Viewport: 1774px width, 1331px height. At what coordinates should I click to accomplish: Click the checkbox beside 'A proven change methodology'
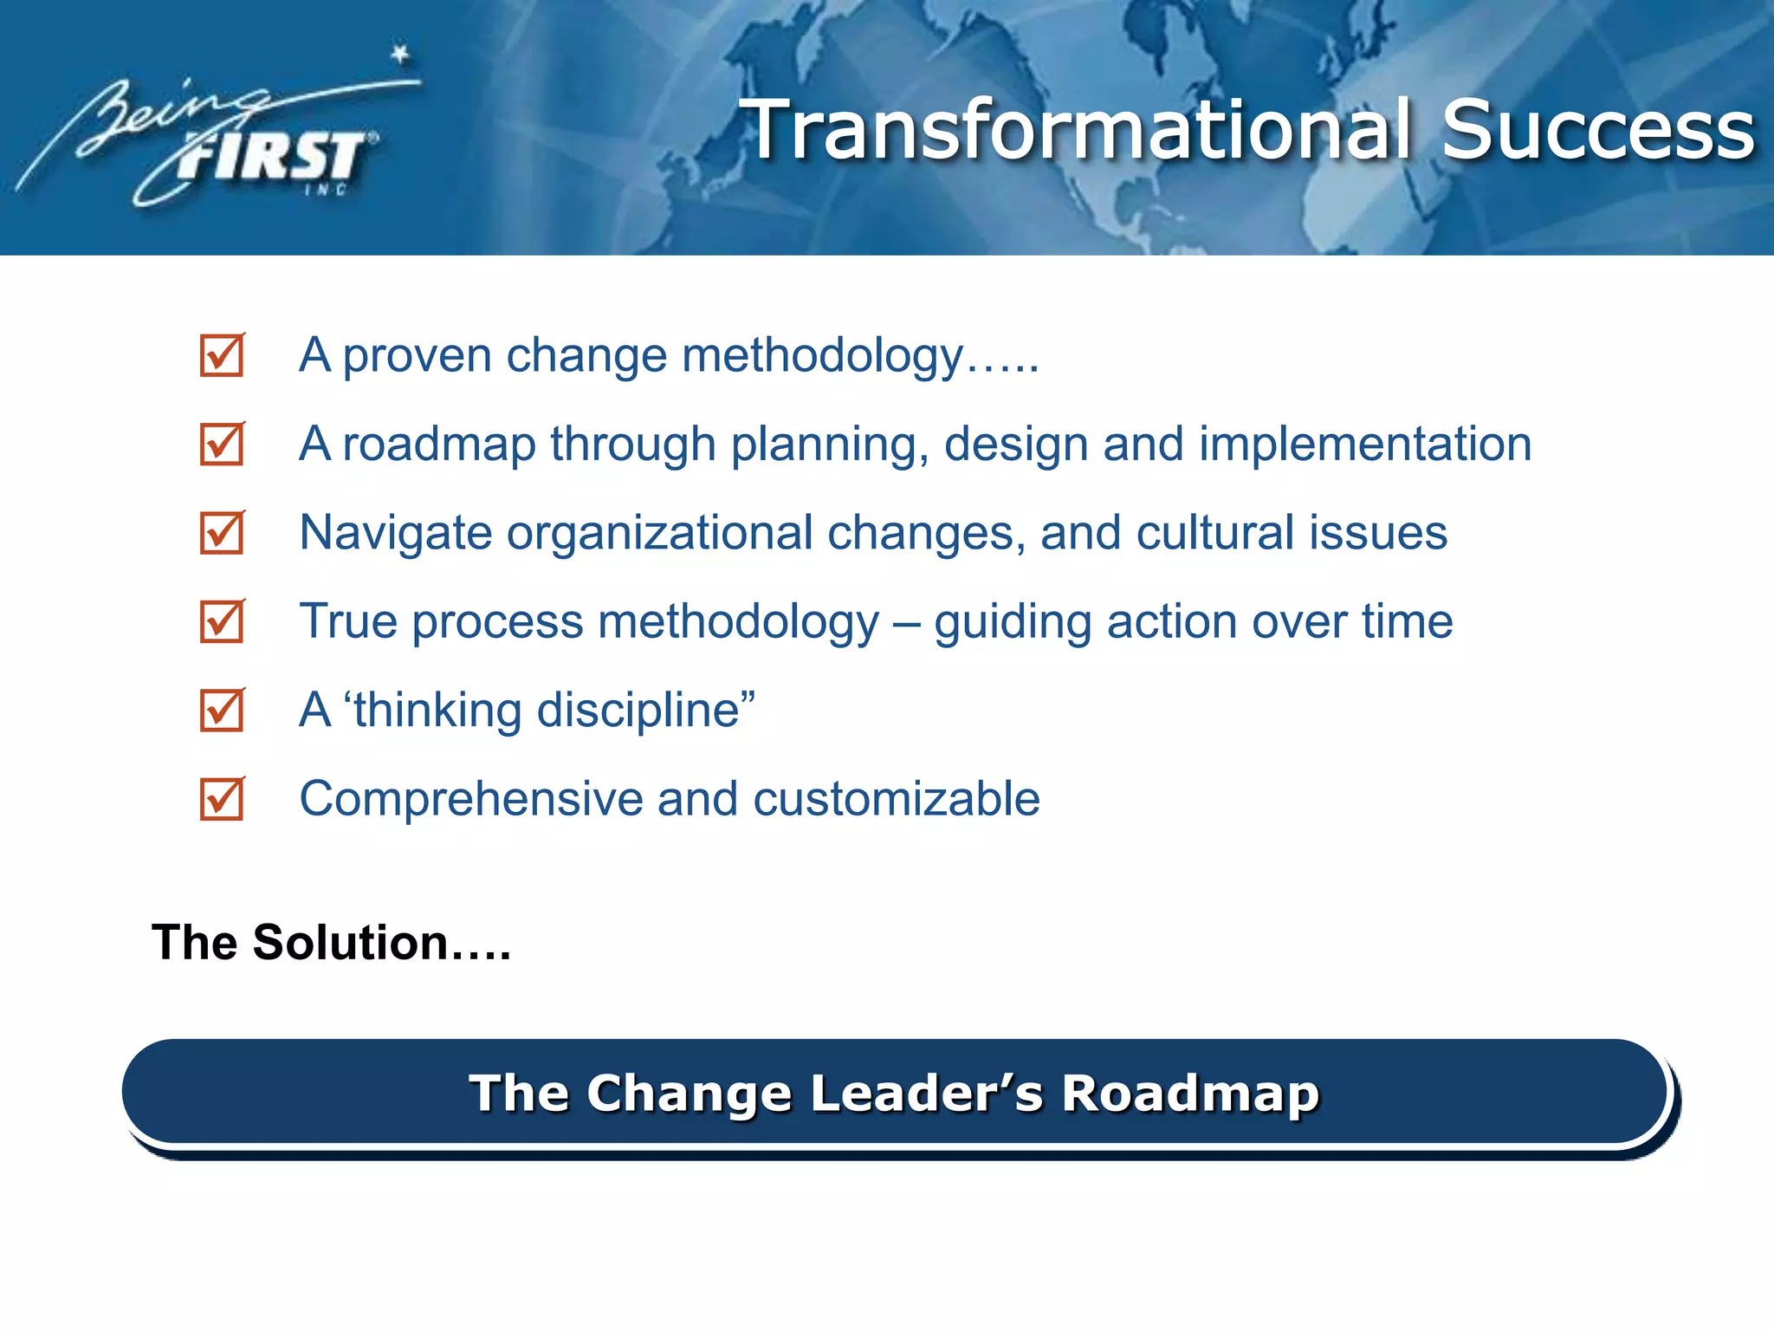click(222, 356)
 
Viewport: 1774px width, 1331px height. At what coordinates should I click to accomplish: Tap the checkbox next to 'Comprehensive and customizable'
click(222, 799)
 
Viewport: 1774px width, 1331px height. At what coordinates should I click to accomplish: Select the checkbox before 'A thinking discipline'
click(222, 711)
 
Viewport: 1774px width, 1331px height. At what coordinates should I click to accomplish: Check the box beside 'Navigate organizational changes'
click(222, 533)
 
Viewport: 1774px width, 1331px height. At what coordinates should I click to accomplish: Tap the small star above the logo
click(400, 55)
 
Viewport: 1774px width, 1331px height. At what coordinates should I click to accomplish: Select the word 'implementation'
click(1364, 444)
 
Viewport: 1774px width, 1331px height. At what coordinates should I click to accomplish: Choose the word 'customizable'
click(897, 799)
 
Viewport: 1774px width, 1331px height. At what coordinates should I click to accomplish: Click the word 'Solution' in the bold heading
click(350, 943)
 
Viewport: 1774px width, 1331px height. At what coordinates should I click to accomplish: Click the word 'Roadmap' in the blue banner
click(1190, 1093)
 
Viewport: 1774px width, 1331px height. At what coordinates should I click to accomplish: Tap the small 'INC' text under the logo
click(326, 190)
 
